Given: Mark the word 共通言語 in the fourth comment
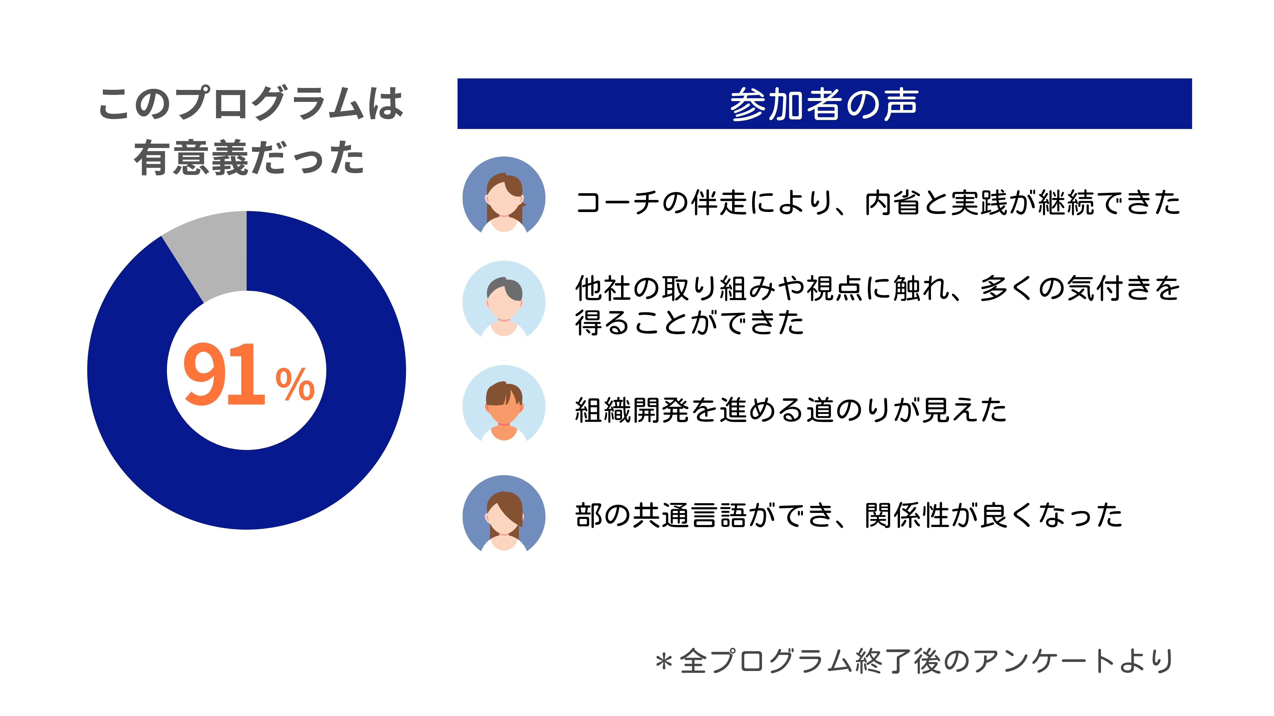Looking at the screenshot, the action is (x=689, y=515).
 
